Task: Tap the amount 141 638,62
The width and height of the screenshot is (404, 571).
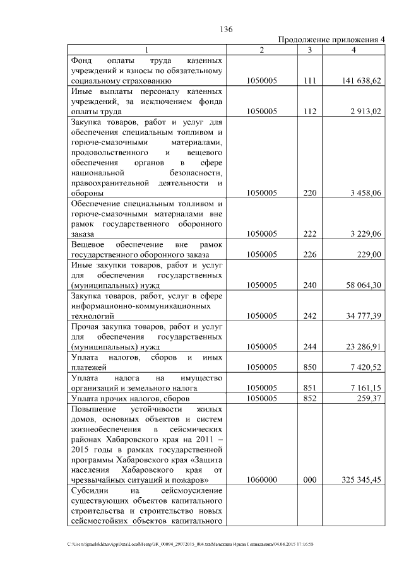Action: pyautogui.click(x=359, y=81)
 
